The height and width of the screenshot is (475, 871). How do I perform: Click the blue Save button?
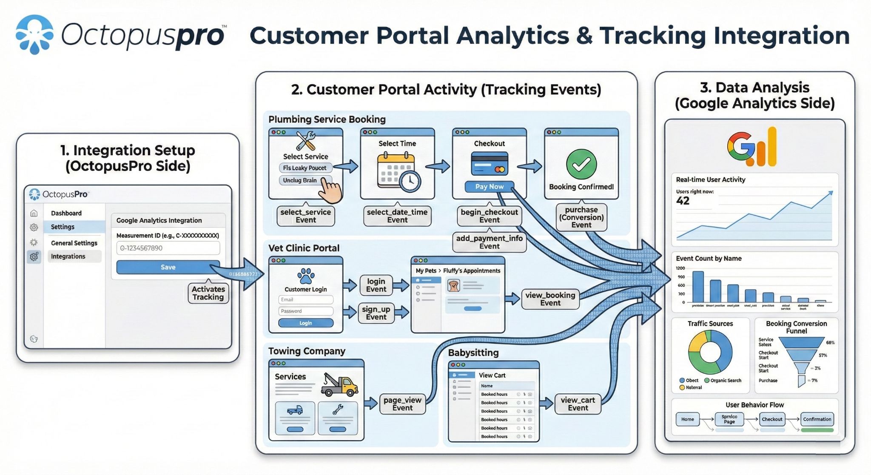[168, 267]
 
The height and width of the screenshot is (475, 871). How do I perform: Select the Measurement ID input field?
[168, 248]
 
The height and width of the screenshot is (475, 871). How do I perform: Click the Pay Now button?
[489, 187]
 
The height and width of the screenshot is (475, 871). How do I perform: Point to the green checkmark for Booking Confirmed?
[581, 164]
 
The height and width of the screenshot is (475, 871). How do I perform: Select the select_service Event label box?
[305, 216]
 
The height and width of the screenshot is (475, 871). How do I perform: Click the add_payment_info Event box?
[489, 242]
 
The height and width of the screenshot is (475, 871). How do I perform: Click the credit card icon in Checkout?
[489, 164]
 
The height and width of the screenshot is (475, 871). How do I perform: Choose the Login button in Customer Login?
[305, 323]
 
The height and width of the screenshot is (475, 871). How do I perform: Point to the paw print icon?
[306, 276]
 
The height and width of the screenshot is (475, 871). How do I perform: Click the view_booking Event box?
[550, 299]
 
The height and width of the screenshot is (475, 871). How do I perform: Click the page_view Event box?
[402, 404]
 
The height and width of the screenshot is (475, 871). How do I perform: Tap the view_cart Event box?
[578, 404]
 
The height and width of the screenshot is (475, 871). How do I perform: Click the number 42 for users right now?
[683, 201]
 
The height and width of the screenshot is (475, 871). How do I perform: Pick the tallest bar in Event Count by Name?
[698, 287]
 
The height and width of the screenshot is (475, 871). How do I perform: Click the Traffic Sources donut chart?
[710, 353]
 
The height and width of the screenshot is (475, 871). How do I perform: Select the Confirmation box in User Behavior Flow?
[817, 419]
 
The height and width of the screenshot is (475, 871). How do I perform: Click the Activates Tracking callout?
[208, 293]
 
